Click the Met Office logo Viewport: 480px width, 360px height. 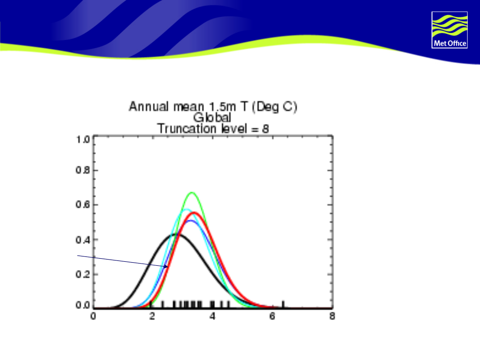click(x=449, y=30)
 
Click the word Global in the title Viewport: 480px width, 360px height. click(x=212, y=117)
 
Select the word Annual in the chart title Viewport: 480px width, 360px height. click(x=149, y=107)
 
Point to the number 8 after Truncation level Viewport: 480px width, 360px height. click(x=265, y=129)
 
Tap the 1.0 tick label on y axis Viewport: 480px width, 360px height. click(x=83, y=140)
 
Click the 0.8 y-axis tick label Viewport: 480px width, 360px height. click(x=83, y=170)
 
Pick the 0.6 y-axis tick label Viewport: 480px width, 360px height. click(x=83, y=204)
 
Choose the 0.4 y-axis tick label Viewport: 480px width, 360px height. click(x=83, y=240)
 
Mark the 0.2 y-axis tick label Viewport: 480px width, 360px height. click(x=83, y=274)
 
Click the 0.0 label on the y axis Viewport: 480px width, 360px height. click(x=83, y=305)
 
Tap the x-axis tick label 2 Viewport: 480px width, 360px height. click(x=152, y=316)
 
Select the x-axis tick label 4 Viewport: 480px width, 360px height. click(x=212, y=316)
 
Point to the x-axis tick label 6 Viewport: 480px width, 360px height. click(x=272, y=316)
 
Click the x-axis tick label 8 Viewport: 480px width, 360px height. click(x=332, y=316)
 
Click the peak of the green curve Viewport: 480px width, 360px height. click(x=192, y=192)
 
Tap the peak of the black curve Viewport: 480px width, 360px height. click(x=175, y=235)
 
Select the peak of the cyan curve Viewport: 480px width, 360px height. click(x=186, y=209)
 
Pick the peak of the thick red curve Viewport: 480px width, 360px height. click(x=194, y=212)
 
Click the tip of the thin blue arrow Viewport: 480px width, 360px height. click(x=168, y=267)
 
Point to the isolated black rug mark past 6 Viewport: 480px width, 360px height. click(x=283, y=304)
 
